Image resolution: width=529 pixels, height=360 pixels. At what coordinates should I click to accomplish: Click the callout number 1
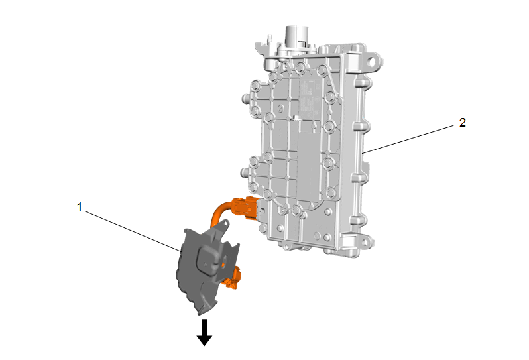pos(80,207)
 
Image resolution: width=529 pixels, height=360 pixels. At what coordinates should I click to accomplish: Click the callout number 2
pos(463,123)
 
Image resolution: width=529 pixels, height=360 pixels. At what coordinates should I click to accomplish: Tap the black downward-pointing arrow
pos(204,332)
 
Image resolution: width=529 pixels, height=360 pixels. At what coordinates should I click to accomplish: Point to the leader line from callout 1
pos(133,231)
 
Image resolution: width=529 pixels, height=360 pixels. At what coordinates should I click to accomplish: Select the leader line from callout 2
pos(408,139)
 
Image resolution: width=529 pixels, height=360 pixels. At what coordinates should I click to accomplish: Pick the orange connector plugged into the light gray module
pos(245,208)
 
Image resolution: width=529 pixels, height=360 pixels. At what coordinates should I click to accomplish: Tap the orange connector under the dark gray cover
pos(233,278)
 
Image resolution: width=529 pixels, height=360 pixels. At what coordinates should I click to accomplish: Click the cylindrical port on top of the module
pos(294,36)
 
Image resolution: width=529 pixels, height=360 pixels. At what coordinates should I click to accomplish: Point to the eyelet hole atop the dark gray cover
pos(225,223)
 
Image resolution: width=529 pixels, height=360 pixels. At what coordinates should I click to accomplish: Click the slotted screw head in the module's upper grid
pos(281,109)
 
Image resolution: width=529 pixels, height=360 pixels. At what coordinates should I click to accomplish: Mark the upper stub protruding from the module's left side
pos(245,99)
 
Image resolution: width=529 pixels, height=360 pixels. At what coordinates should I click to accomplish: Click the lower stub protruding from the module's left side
pos(244,173)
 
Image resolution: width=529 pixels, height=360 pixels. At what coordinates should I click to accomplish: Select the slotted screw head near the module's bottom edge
pos(318,235)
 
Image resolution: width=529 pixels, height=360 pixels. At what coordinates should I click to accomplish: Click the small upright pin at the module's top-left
pos(270,38)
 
